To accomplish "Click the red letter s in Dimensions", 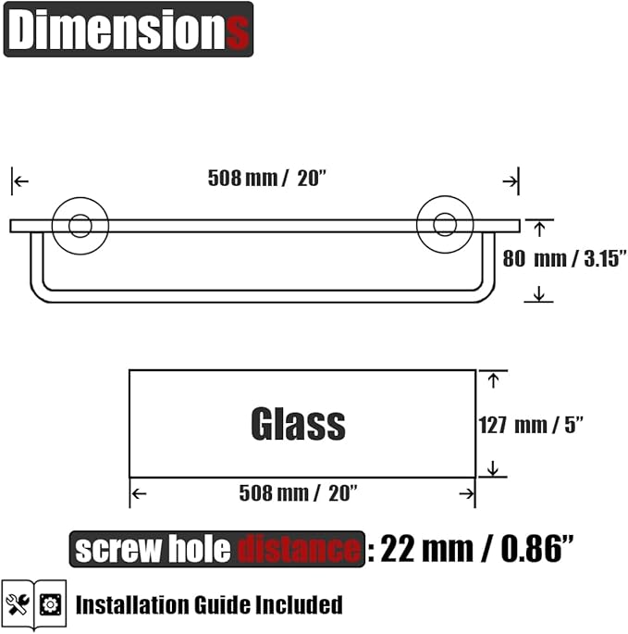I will pyautogui.click(x=239, y=31).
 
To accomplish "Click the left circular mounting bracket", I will pyautogui.click(x=80, y=225).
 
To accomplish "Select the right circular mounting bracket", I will pyautogui.click(x=445, y=225).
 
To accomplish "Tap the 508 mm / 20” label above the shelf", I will pyautogui.click(x=267, y=179).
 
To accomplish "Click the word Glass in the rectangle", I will pyautogui.click(x=298, y=424).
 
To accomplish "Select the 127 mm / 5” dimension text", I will pyautogui.click(x=530, y=425).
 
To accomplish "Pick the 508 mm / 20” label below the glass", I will pyautogui.click(x=297, y=494).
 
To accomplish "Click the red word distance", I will pyautogui.click(x=298, y=550).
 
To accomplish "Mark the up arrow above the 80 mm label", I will pyautogui.click(x=538, y=228).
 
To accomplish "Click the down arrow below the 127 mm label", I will pyautogui.click(x=492, y=468).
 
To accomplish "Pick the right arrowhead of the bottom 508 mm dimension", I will pyautogui.click(x=466, y=494).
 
